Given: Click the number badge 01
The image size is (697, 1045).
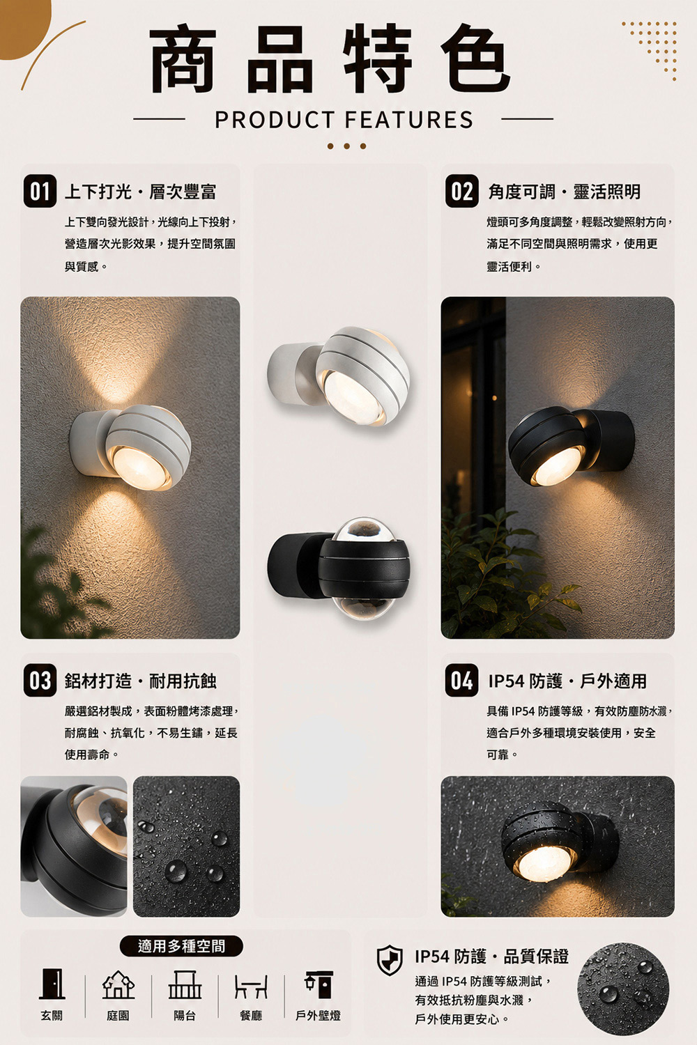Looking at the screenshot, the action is coord(40,192).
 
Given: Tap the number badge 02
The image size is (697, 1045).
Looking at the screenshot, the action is coord(461,192).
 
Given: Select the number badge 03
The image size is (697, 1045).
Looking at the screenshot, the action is coord(40,681).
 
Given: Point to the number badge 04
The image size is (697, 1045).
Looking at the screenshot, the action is coord(461,681).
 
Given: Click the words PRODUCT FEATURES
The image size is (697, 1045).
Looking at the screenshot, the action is coord(344,120).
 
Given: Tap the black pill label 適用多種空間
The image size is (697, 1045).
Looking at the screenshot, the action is coord(182,946).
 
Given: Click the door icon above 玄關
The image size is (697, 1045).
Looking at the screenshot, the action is coord(52,984).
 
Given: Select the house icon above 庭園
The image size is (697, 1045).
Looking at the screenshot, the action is coord(118,984).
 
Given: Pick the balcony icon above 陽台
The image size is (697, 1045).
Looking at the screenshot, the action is coord(185,984).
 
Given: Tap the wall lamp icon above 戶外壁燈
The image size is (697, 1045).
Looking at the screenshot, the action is coord(319,985).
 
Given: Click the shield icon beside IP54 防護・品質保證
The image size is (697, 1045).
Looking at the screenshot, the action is coord(390,960).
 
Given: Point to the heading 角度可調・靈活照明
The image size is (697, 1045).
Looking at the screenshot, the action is coord(565,192).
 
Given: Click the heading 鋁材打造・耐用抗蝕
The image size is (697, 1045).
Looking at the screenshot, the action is coord(141,681).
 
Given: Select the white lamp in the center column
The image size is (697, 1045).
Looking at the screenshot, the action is coord(339,376).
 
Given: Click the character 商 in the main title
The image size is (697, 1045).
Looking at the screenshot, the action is coord(183,59).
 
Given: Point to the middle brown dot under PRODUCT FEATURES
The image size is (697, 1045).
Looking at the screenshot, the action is coord(346,146).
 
